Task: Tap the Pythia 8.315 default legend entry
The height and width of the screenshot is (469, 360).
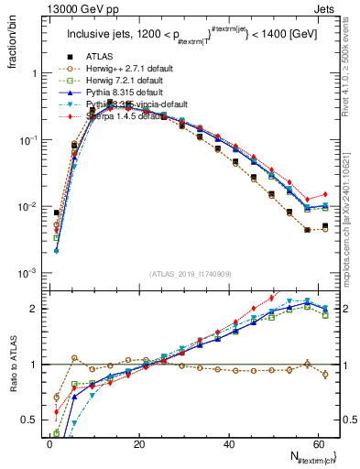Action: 113,93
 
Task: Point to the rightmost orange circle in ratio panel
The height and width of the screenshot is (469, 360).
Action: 325,374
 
